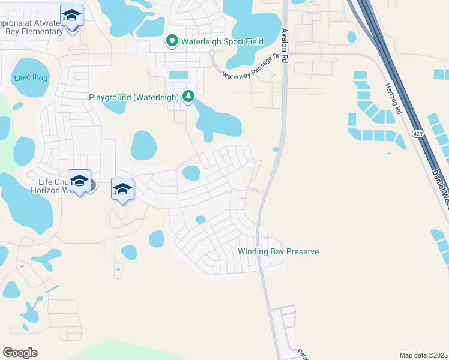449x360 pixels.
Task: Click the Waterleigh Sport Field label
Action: tap(214, 41)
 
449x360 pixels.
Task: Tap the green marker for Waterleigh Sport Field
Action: tap(172, 41)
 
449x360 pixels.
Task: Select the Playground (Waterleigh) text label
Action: tap(133, 97)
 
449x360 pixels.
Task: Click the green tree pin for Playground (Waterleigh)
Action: tap(189, 96)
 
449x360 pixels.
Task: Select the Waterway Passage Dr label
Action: tap(251, 66)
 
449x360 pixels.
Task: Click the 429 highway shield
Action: tap(418, 133)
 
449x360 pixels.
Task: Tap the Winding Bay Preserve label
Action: tap(278, 252)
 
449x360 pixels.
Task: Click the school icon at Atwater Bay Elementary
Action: tap(71, 15)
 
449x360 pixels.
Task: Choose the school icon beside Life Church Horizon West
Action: tap(79, 180)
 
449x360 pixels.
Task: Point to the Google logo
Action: tap(20, 353)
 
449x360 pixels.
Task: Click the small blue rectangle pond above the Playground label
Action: tap(178, 75)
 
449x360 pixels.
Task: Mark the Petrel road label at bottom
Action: tap(303, 352)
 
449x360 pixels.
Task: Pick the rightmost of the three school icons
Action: tap(122, 190)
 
